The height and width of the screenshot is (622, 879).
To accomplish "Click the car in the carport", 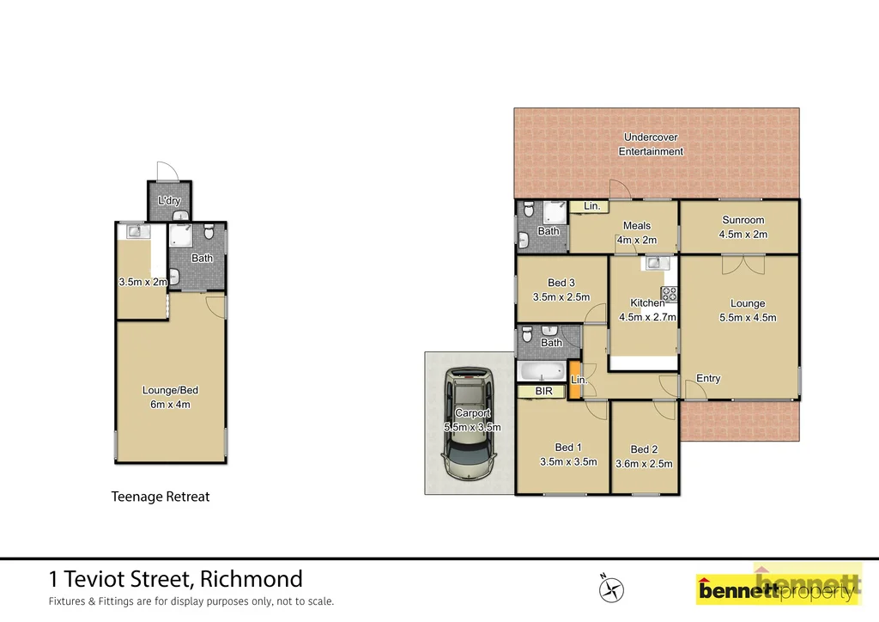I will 469,425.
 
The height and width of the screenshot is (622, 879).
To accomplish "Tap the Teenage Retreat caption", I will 161,497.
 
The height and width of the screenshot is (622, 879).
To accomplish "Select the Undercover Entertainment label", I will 651,144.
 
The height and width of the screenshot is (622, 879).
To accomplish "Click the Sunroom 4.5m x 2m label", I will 743,227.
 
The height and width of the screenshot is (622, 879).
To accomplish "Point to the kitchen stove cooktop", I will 669,294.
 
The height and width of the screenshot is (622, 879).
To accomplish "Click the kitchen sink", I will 653,262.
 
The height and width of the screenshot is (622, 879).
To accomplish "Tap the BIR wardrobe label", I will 544,392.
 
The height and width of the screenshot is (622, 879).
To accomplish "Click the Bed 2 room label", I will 644,449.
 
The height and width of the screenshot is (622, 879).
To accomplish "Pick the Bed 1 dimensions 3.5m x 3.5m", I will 568,462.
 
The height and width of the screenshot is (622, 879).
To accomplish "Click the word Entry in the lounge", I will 708,379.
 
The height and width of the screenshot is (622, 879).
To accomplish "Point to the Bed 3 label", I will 561,283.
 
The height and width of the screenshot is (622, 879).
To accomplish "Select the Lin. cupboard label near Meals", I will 591,206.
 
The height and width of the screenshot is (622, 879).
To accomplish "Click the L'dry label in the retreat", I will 169,201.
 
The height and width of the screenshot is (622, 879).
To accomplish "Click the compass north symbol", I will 611,588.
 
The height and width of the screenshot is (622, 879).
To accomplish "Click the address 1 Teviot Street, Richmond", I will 175,579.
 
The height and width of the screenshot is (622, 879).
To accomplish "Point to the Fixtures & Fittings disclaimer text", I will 191,601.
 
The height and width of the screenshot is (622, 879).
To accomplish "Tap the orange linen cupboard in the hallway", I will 573,379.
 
